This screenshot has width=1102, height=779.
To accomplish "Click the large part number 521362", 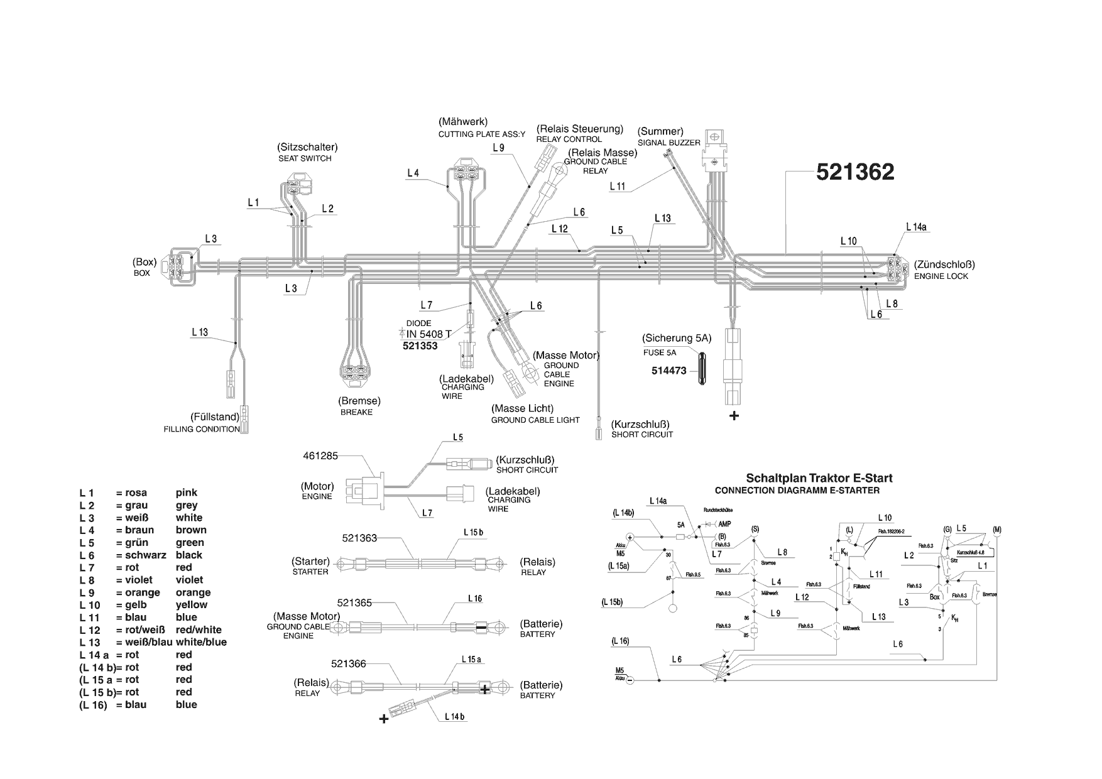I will (x=854, y=172).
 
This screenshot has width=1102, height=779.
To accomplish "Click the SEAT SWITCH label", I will (x=305, y=158).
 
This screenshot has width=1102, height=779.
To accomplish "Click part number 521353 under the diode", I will (x=420, y=346).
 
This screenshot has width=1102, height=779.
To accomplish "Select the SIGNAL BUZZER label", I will (x=668, y=143).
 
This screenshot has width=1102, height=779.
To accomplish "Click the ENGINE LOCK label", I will (x=941, y=276).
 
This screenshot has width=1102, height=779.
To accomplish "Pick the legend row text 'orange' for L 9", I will (x=193, y=592).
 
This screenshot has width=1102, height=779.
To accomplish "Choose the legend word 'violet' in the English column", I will (x=189, y=580).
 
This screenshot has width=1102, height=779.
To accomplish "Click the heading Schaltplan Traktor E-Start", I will (x=819, y=478).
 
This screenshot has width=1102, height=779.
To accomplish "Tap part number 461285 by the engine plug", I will (x=320, y=455).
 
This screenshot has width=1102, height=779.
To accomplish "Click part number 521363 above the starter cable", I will (x=359, y=538).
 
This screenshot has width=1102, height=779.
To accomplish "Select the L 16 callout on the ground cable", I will (x=474, y=599).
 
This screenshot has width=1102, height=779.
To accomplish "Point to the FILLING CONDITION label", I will (x=201, y=429).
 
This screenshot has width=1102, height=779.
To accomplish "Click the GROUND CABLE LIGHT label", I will (x=535, y=420).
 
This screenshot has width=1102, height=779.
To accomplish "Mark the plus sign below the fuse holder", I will (x=733, y=416).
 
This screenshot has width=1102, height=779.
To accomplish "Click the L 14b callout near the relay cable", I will (x=454, y=716).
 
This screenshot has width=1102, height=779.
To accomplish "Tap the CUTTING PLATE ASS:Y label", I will (x=481, y=134).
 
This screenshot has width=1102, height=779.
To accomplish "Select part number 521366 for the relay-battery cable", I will (x=348, y=663).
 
